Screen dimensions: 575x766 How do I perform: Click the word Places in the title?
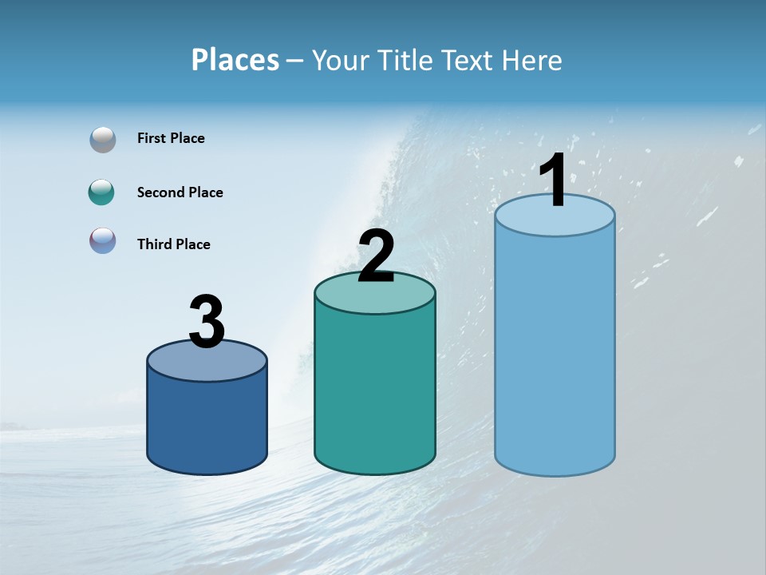[x=235, y=60]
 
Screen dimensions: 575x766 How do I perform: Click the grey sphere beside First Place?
[x=103, y=139]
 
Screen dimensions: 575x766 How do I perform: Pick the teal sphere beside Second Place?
[x=102, y=192]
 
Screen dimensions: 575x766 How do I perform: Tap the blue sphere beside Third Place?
[x=103, y=240]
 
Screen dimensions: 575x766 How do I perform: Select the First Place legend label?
[x=171, y=138]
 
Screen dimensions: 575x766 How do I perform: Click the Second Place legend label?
[x=180, y=192]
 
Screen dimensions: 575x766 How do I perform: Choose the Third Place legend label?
[x=173, y=244]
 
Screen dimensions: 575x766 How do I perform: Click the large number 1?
[x=553, y=180]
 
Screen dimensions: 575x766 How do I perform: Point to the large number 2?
[x=376, y=256]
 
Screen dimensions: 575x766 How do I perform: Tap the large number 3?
[x=207, y=322]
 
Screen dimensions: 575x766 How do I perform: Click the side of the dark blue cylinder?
[x=207, y=423]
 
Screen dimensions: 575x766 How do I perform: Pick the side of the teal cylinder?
[x=375, y=391]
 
